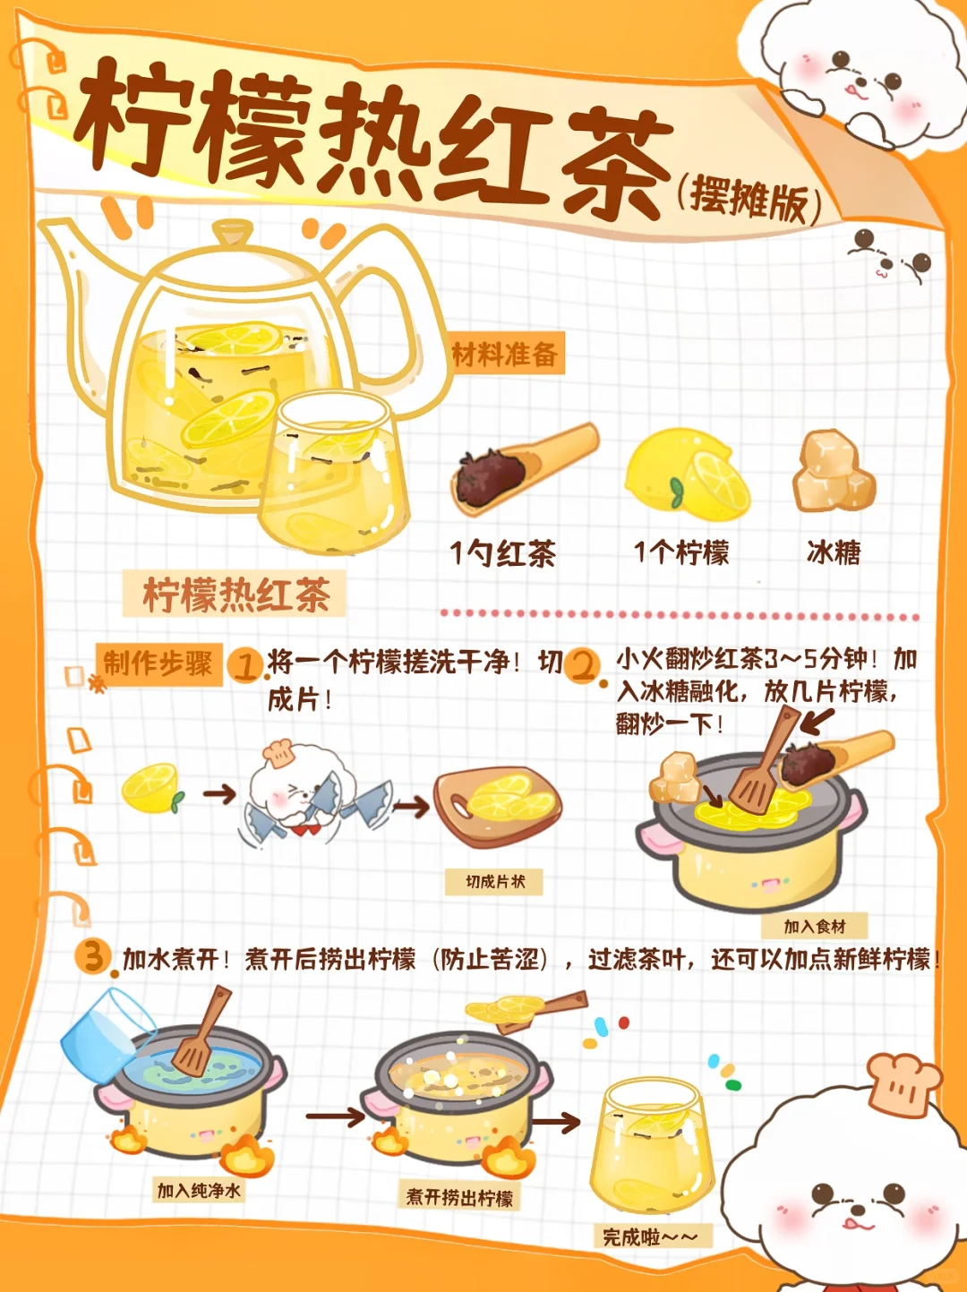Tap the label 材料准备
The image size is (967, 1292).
(x=506, y=354)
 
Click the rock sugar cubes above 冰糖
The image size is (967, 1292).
(x=834, y=472)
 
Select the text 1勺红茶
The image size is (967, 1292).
(x=503, y=554)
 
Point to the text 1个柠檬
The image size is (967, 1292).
(x=681, y=552)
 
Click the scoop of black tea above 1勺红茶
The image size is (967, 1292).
(x=525, y=469)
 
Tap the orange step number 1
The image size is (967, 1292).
(x=245, y=666)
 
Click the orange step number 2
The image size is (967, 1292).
(x=583, y=666)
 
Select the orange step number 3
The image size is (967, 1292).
(x=93, y=956)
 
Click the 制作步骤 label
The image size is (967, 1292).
(x=158, y=664)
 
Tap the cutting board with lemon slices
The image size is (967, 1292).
(x=497, y=807)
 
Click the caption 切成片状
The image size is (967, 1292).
(x=494, y=881)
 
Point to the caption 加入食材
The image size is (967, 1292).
(x=815, y=927)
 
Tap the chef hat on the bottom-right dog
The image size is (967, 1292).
(x=903, y=1085)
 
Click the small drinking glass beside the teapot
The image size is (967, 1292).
(x=334, y=474)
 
